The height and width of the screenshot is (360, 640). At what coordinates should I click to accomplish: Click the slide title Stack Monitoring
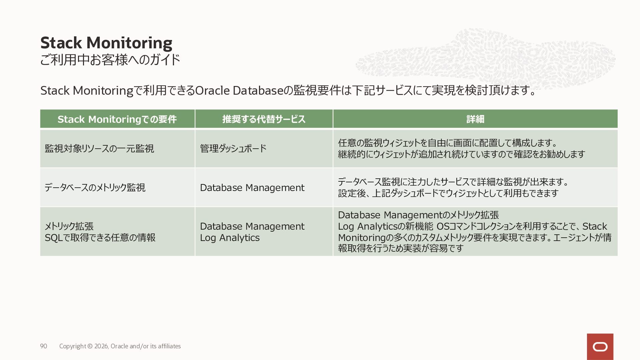point(106,43)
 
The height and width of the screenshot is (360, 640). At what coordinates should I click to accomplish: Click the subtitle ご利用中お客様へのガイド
point(110,60)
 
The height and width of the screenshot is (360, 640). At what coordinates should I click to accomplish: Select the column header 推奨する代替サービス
point(264,119)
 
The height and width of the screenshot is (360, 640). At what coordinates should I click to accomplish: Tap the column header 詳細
point(475,119)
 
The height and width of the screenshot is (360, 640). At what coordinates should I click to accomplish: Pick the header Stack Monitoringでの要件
point(117,119)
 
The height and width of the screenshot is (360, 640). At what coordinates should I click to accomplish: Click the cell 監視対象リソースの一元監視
point(99,148)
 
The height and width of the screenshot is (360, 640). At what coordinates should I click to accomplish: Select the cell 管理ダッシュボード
point(233,148)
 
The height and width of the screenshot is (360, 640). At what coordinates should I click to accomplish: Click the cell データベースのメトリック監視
point(95,187)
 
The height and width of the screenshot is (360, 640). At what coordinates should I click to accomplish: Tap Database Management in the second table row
point(252,188)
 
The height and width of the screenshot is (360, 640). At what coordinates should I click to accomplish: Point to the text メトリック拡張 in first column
point(69,226)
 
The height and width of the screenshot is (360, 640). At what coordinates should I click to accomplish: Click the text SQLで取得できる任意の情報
point(100,237)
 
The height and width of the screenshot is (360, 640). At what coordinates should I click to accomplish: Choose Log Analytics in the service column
point(230,238)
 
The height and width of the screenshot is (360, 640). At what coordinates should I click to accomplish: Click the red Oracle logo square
point(600,347)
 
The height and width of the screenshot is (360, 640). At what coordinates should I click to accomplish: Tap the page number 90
point(43,346)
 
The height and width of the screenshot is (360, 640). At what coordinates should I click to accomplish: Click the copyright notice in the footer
point(120,346)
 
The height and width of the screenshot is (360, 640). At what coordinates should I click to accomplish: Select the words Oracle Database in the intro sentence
point(239,90)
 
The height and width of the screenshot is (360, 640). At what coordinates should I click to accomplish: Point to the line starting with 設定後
point(448,193)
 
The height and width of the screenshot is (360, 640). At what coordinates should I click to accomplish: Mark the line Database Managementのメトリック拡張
point(418,215)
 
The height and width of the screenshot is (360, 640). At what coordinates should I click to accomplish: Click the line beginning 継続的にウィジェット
point(461,154)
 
